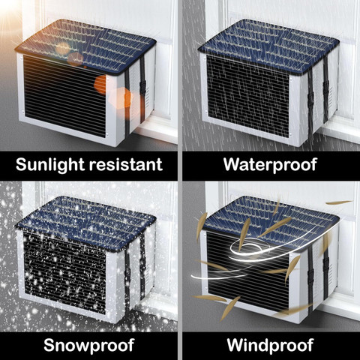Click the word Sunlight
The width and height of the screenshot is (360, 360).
(x=50, y=165)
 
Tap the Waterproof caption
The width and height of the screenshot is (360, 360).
(x=270, y=165)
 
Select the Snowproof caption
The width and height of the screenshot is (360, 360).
(x=88, y=346)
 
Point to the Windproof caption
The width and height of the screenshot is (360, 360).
(x=270, y=345)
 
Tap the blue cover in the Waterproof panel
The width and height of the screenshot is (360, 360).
(x=268, y=46)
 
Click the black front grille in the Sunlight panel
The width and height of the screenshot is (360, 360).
(x=64, y=96)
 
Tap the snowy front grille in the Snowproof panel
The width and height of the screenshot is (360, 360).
(x=64, y=273)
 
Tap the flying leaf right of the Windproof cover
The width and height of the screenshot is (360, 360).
(x=339, y=202)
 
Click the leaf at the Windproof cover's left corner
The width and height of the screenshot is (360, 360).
(x=202, y=226)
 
